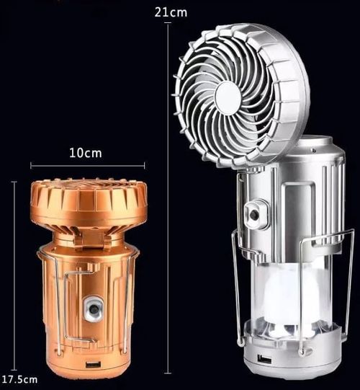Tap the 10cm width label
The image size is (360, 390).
(86, 153)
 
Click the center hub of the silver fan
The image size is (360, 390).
(228, 94)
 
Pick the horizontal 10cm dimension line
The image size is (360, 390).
(86, 165)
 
